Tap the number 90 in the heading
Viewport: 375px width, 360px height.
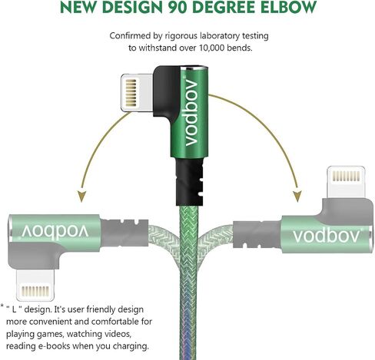(x=178, y=7)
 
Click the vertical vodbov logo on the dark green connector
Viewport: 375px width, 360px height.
(x=191, y=112)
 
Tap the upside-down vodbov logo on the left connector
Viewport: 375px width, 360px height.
(x=55, y=231)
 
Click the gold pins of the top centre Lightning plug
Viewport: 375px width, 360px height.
(x=131, y=93)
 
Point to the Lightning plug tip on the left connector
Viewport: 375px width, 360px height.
(x=35, y=285)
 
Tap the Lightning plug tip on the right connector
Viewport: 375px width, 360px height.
(x=347, y=182)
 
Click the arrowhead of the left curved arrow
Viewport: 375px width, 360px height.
(x=81, y=196)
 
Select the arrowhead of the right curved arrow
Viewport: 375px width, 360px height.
(x=297, y=196)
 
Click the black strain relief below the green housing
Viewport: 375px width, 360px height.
(x=189, y=182)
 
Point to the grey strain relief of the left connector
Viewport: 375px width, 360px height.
(x=124, y=233)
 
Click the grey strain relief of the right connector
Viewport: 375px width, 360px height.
(x=257, y=235)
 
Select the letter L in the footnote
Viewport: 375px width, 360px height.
(x=15, y=309)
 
